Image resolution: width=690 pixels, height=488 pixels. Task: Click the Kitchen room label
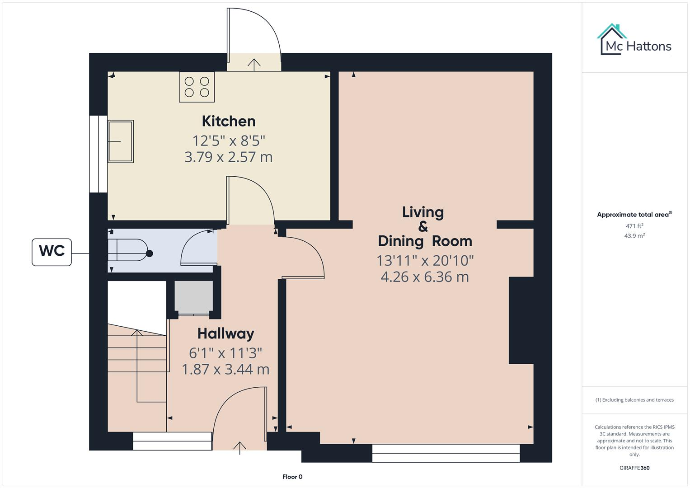[228, 121]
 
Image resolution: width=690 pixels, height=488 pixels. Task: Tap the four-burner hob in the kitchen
[197, 87]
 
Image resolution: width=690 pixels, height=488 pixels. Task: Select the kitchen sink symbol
[121, 141]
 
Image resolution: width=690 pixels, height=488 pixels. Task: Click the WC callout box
[52, 252]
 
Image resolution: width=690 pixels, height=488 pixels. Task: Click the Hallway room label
[225, 333]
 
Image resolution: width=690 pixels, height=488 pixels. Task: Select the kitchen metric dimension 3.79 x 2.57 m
[228, 157]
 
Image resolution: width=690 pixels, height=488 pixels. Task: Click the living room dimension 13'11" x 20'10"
[425, 260]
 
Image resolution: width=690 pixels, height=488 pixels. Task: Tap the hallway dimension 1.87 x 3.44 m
[225, 369]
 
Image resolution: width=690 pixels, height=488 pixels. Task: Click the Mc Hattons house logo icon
[612, 39]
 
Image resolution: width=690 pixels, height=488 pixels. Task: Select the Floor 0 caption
[292, 477]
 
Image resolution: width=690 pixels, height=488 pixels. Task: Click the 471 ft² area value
[634, 226]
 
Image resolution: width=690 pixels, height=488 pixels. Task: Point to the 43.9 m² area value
[634, 236]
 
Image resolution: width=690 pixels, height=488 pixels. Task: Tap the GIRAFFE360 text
[634, 468]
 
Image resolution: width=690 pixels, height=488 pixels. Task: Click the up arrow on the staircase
[137, 334]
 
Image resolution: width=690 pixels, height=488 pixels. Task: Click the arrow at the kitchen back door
[254, 64]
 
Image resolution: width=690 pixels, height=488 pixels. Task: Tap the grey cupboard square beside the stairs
[193, 296]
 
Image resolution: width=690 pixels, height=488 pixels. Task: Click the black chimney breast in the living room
[521, 320]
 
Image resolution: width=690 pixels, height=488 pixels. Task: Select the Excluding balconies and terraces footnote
[634, 400]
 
